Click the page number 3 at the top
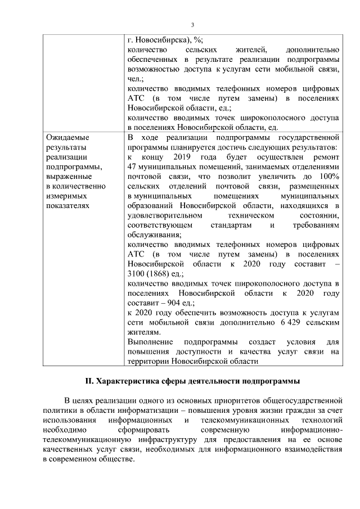point(192,25)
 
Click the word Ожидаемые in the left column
point(67,137)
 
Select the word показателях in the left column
point(66,206)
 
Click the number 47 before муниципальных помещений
point(133,166)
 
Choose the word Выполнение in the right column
point(148,343)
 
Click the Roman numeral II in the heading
point(88,381)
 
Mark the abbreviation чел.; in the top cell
point(136,80)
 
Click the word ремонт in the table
point(325,156)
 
